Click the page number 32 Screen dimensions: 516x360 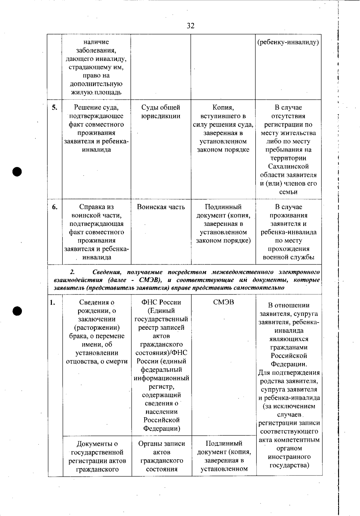tap(190, 26)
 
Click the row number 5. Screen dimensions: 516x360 tap(55, 107)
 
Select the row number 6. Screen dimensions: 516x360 tap(55, 207)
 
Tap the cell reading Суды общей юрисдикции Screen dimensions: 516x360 tap(161, 112)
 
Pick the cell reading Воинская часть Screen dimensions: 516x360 tap(161, 207)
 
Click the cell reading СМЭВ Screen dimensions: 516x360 tap(223, 302)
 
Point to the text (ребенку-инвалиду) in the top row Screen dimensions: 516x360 tap(288, 42)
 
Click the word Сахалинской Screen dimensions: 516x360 tap(288, 166)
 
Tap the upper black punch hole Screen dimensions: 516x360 tap(17, 172)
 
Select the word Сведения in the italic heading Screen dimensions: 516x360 tap(107, 272)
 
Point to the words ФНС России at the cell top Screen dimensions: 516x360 tap(161, 302)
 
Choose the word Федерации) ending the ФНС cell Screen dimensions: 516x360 tap(162, 428)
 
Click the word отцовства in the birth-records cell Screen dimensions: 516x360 tap(82, 361)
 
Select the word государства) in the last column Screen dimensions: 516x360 tap(289, 465)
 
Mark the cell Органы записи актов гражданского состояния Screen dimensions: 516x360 tap(162, 456)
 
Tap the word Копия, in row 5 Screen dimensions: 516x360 tap(223, 107)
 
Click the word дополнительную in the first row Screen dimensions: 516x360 tap(96, 84)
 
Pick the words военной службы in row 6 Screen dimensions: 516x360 tap(289, 257)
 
